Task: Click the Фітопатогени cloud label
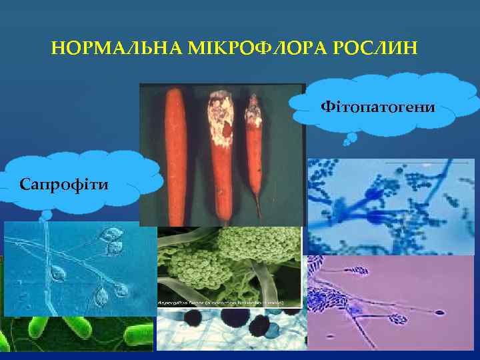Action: [x=378, y=106]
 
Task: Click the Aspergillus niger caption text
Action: [x=220, y=303]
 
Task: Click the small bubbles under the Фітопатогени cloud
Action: [x=348, y=139]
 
